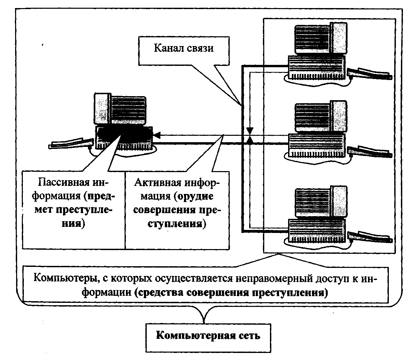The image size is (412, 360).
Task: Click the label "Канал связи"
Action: point(184,48)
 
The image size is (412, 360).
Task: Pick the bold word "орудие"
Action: point(195,196)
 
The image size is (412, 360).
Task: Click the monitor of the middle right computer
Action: point(319,116)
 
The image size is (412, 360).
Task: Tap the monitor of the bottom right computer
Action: point(319,202)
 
